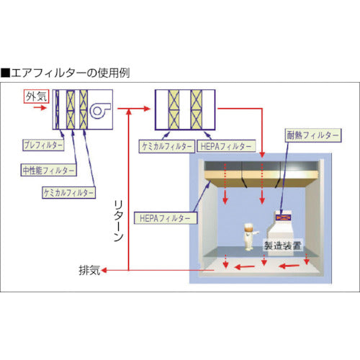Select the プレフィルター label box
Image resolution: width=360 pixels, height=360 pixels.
[38, 145]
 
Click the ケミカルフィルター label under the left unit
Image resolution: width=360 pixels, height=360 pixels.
[68, 192]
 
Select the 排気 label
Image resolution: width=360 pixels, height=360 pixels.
[89, 271]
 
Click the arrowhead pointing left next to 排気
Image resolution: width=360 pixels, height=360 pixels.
[105, 271]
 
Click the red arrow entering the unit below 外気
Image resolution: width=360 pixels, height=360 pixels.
[41, 109]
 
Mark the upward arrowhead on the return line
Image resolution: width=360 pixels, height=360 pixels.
[128, 114]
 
